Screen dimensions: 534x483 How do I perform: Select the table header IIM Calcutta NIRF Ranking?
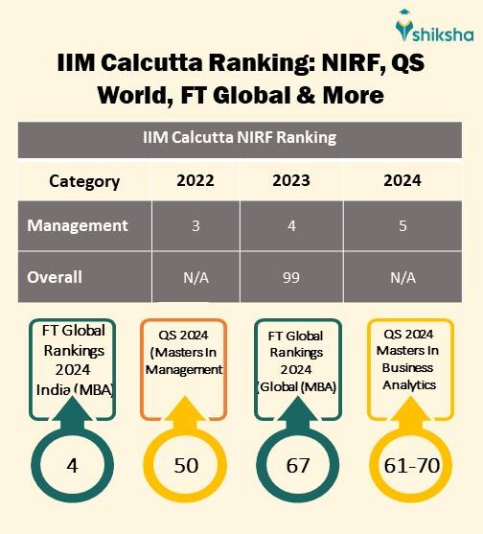coord(240,137)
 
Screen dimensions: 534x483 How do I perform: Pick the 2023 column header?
coord(299,181)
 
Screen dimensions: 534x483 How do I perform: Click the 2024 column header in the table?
coord(402,181)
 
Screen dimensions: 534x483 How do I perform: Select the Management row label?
coord(78,226)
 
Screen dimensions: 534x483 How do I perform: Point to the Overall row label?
coord(55,277)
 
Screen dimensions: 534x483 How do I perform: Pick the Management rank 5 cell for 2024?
coord(402,226)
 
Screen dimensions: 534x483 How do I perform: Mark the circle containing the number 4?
coord(72,465)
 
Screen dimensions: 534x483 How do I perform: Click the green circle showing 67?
coord(298,465)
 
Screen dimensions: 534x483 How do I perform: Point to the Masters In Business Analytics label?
coord(408,366)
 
